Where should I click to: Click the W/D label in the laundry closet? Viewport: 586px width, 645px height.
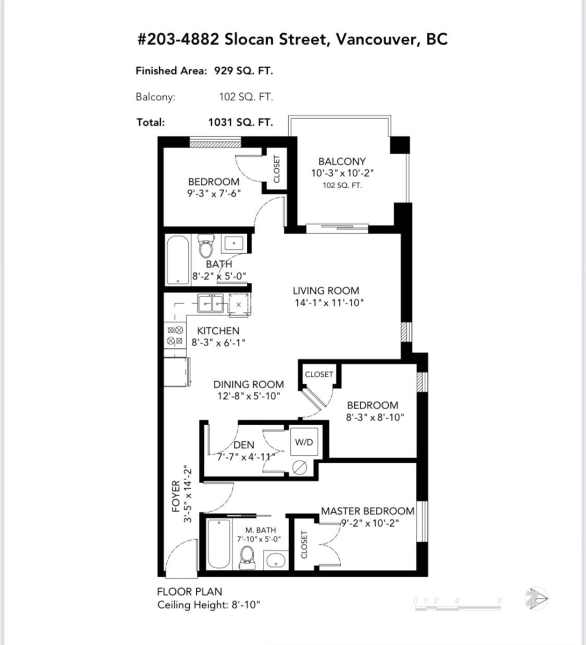pos(304,442)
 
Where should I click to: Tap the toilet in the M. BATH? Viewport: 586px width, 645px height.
pos(247,556)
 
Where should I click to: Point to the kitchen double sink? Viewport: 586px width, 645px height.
pos(211,304)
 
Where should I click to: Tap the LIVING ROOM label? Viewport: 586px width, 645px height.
pos(326,290)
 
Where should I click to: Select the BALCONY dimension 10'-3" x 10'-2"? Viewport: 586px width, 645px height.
pos(342,173)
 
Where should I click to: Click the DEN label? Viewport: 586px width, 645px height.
pos(244,445)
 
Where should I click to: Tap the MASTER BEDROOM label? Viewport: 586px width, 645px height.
pos(368,511)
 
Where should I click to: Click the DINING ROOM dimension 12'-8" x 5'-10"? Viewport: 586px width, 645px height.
pos(248,396)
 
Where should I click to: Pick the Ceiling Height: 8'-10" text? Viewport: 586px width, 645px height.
pos(209,605)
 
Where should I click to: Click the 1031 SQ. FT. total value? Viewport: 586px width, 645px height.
pos(240,122)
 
